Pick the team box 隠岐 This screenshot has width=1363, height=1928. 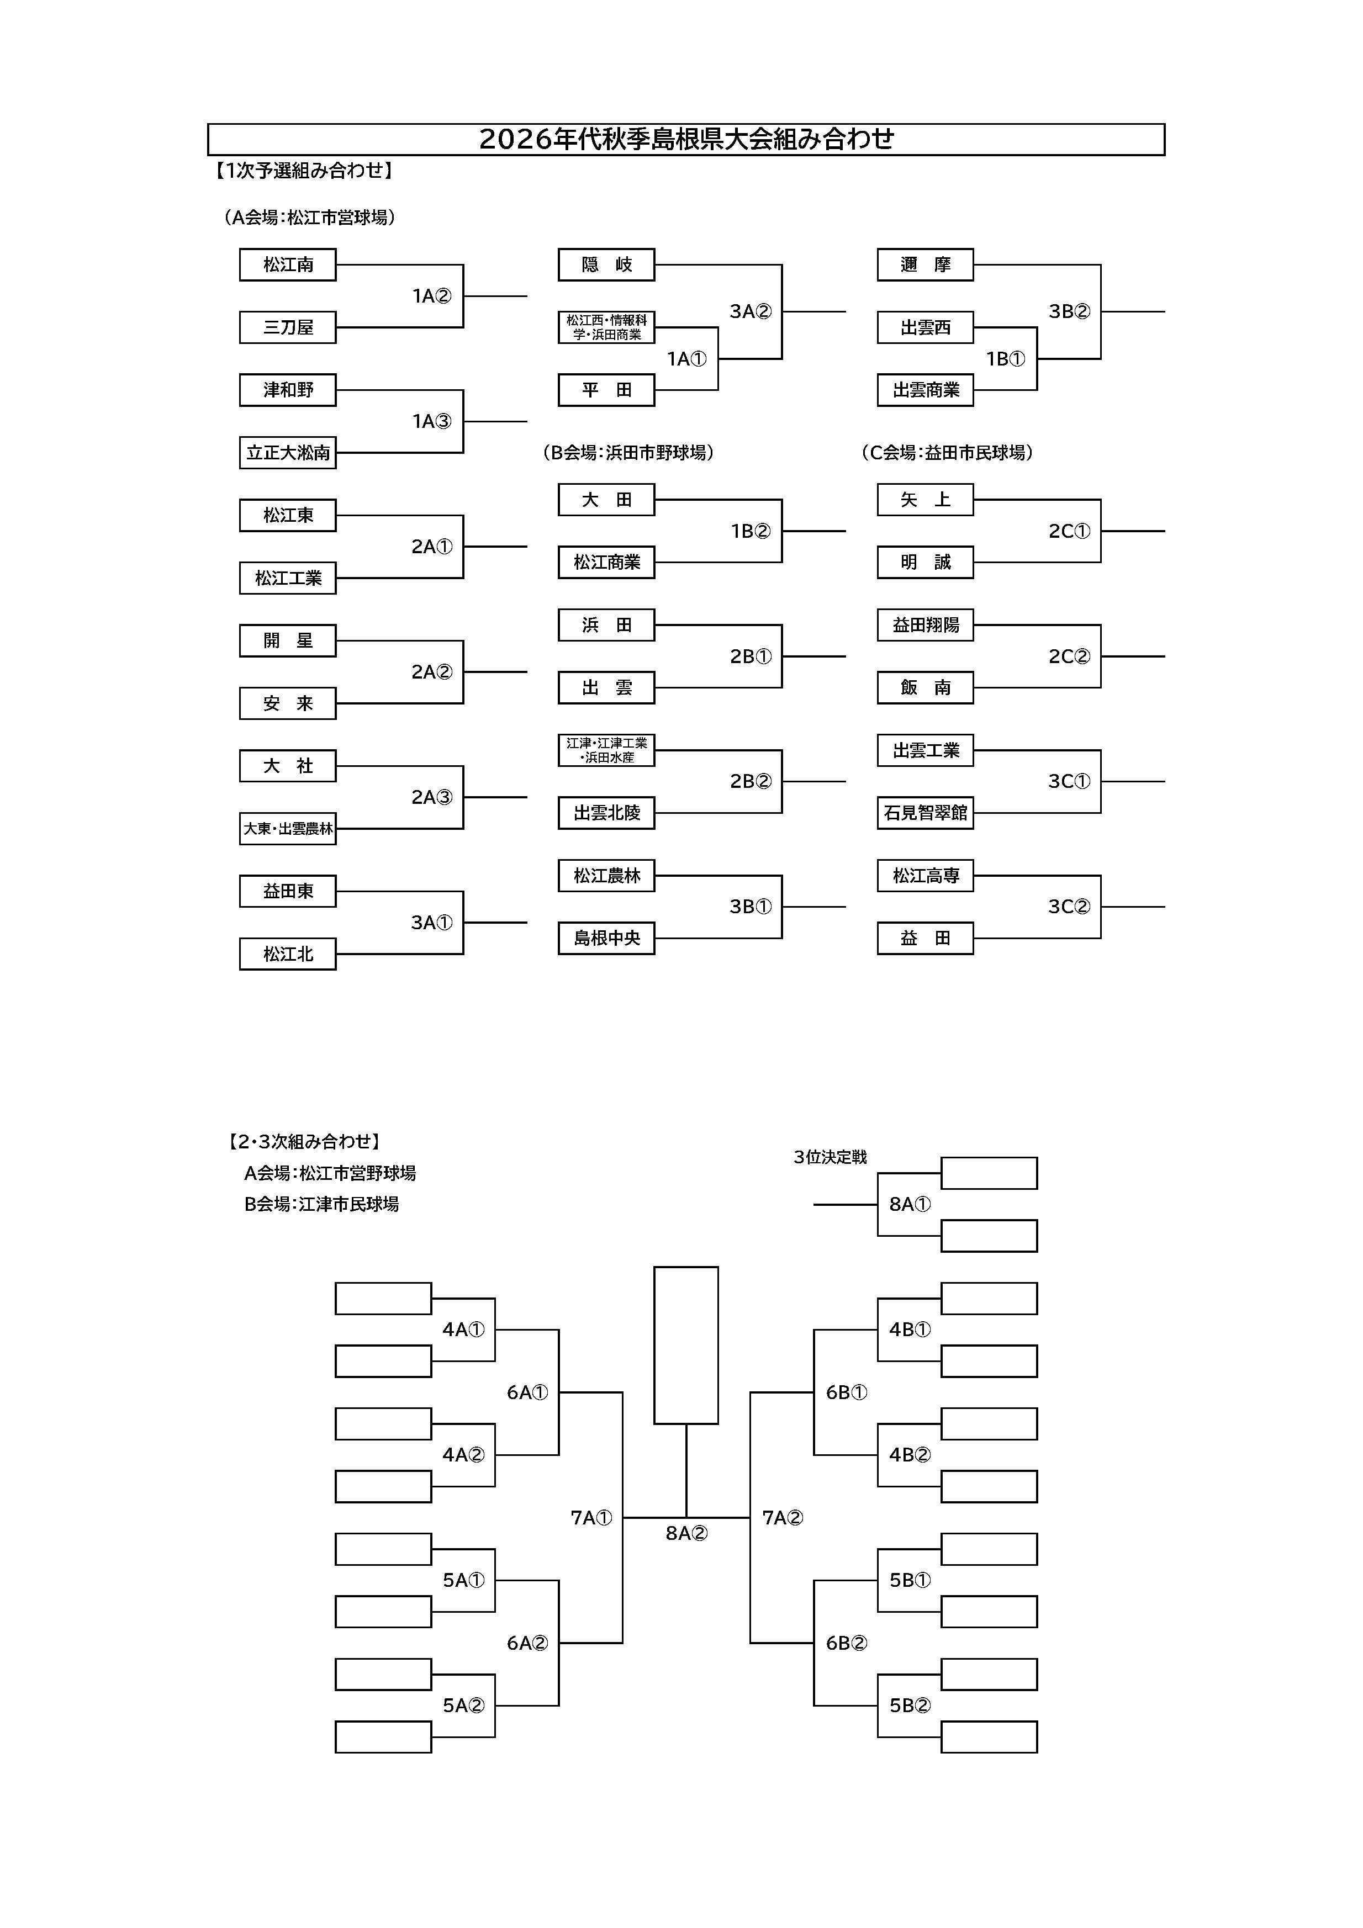(606, 264)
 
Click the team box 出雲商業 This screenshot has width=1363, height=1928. (926, 390)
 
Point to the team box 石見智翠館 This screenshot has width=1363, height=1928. (926, 813)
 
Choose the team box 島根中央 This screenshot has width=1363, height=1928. (606, 938)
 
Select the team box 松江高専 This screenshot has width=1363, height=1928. (926, 876)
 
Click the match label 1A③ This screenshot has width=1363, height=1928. (432, 421)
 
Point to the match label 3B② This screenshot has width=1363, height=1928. (1069, 311)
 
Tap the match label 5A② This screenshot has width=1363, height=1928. (463, 1705)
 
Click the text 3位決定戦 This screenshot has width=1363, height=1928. (830, 1157)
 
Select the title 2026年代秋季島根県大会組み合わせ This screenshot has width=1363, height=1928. (686, 139)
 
